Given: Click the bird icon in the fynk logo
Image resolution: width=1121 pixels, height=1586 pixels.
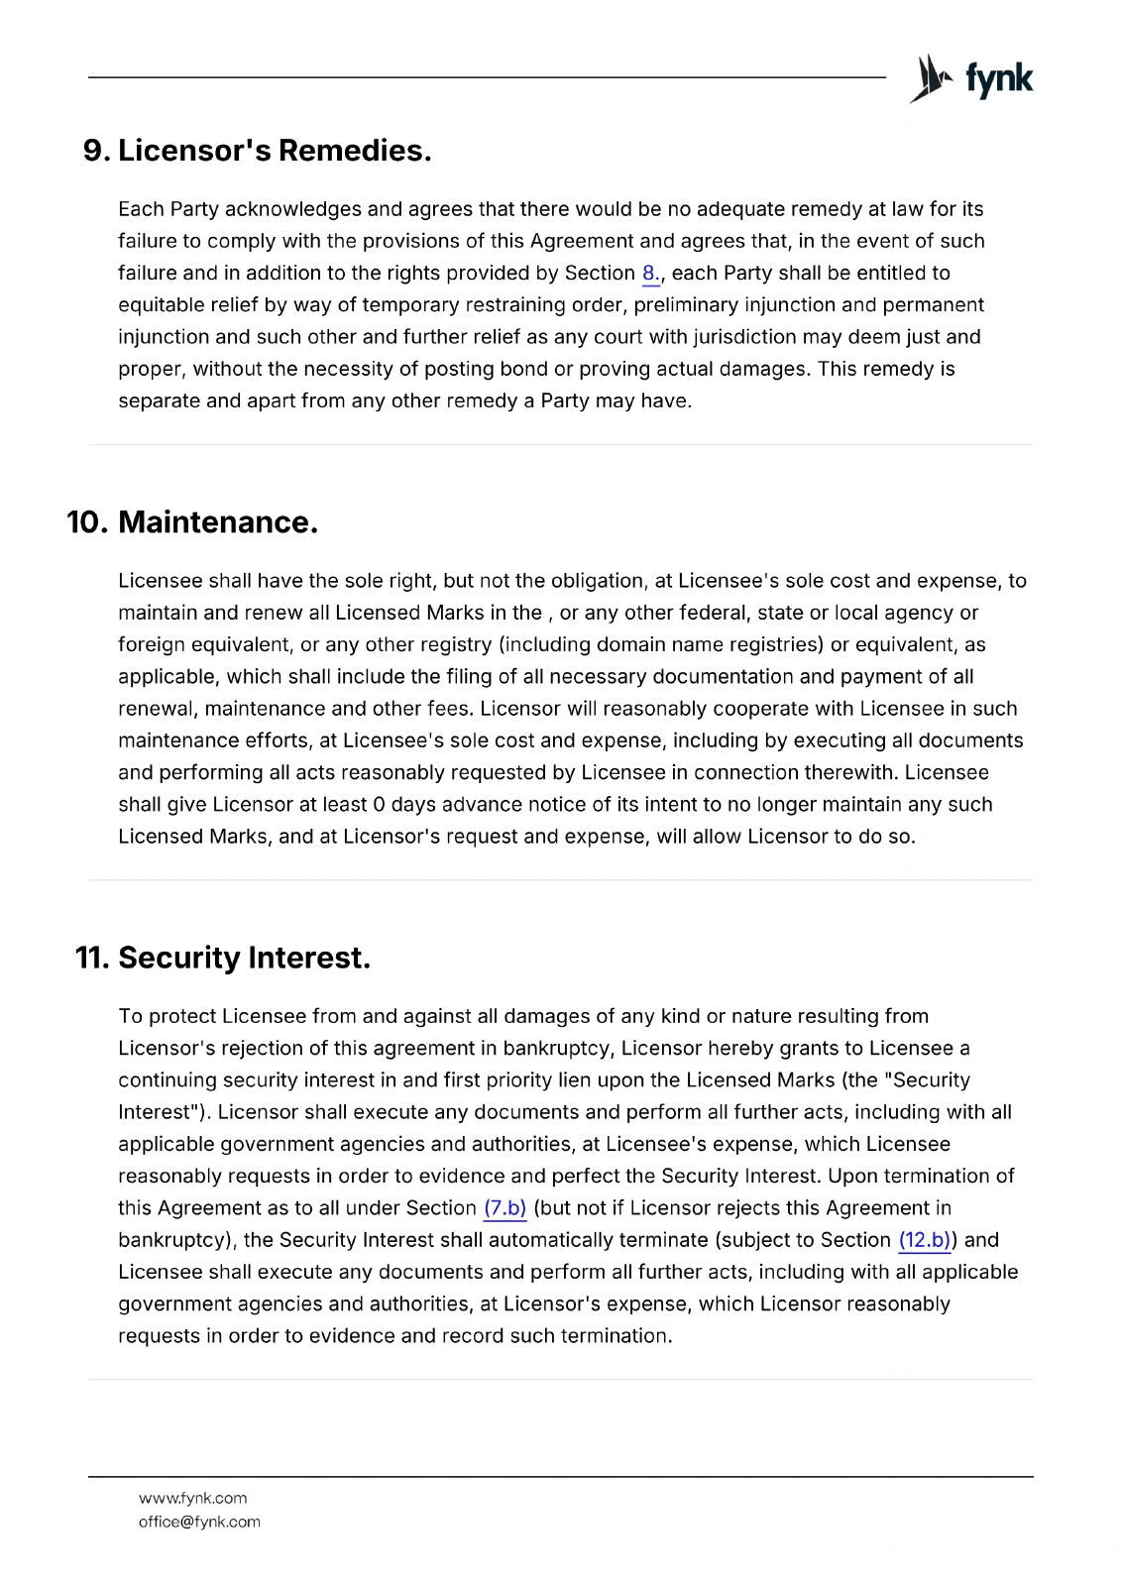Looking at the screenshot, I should pos(930,78).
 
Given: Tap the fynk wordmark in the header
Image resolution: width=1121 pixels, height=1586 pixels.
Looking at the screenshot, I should pos(999,79).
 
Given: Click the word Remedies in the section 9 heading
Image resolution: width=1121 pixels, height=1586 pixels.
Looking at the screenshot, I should pos(355,151).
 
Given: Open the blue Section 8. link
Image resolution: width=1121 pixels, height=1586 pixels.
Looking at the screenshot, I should pos(651,274).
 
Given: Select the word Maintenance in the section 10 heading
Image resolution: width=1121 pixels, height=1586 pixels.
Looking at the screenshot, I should pos(218,522).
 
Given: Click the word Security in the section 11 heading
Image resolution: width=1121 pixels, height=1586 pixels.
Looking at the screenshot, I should pos(179,959).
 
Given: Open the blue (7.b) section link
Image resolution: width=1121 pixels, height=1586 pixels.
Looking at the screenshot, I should pos(504,1208).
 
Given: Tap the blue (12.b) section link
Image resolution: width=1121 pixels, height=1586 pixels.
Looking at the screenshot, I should pos(924,1240).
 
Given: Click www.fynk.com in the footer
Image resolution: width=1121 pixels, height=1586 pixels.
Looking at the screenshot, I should pos(192,1499).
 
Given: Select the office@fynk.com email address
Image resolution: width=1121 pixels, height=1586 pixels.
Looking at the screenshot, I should pos(199,1523).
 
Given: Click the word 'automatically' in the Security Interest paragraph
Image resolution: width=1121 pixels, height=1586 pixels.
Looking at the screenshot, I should pos(551,1240).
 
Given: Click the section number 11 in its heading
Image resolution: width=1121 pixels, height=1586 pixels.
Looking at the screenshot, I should pos(92,959).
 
